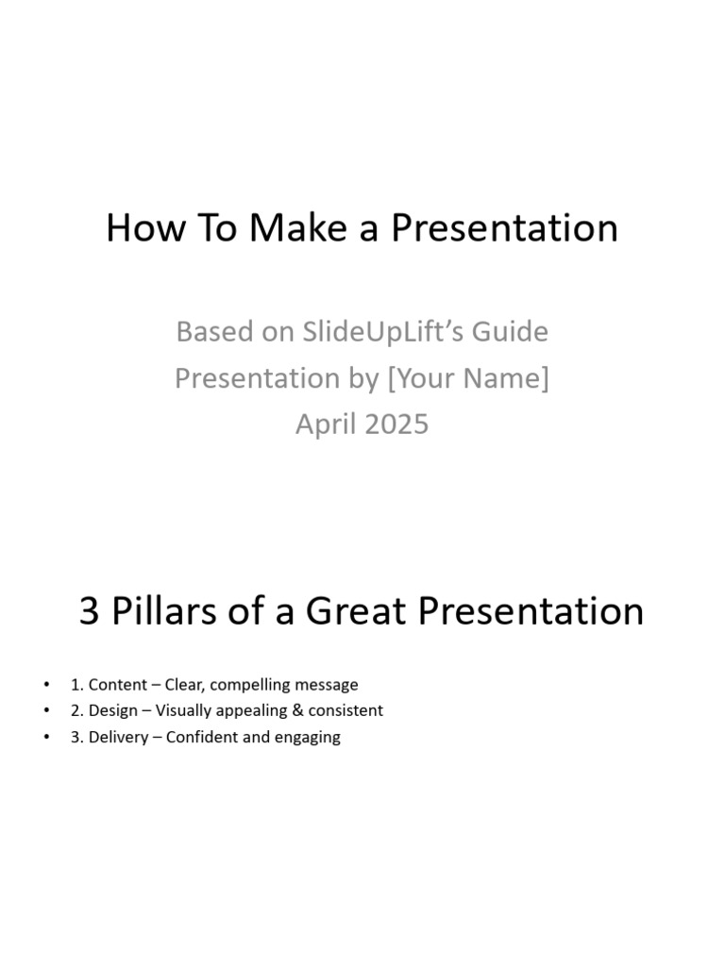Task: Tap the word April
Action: click(320, 424)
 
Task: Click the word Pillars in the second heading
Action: click(163, 611)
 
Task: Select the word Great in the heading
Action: click(358, 611)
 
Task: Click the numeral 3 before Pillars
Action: click(90, 611)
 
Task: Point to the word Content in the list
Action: click(117, 685)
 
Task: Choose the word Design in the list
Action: click(112, 710)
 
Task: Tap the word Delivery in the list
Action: click(118, 737)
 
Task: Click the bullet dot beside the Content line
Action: click(46, 685)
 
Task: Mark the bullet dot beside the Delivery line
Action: click(46, 737)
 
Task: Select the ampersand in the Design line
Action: click(285, 710)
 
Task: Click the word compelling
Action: click(246, 686)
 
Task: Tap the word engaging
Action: click(307, 738)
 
